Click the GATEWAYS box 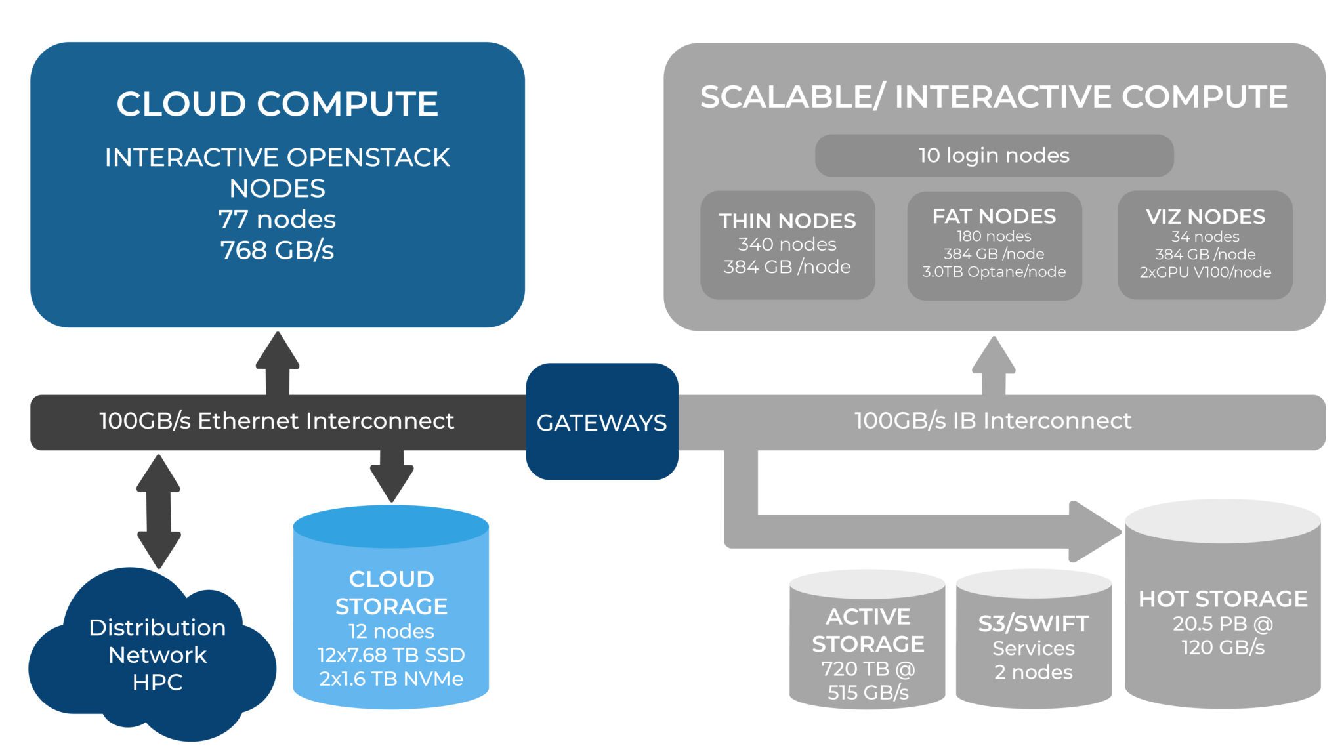click(602, 422)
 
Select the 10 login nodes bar click(994, 156)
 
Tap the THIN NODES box click(787, 245)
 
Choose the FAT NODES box click(994, 245)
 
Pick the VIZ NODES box click(1205, 245)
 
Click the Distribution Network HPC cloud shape click(157, 654)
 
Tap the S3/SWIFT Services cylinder click(1033, 646)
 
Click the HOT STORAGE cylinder click(1223, 617)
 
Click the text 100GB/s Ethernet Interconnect click(276, 421)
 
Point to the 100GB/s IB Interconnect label click(992, 421)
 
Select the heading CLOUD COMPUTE click(277, 104)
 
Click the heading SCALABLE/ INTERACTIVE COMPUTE click(994, 97)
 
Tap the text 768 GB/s click(277, 250)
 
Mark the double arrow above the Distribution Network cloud click(158, 511)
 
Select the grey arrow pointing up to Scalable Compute click(994, 365)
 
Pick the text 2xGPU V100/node click(1205, 272)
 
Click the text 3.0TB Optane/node click(994, 272)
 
